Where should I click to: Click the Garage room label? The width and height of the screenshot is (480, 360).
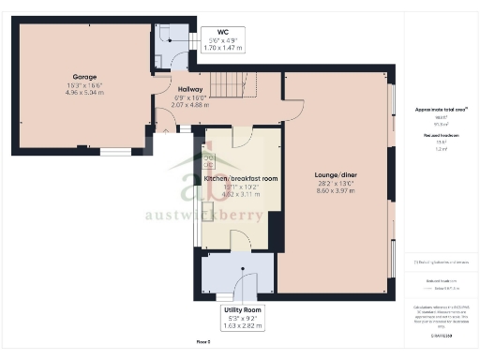pyautogui.click(x=85, y=77)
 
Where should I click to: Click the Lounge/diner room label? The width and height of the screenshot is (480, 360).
pyautogui.click(x=336, y=174)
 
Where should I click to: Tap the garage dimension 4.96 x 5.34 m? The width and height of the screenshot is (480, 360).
pyautogui.click(x=85, y=93)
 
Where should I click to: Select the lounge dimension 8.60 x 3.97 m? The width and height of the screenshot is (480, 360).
pyautogui.click(x=336, y=191)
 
